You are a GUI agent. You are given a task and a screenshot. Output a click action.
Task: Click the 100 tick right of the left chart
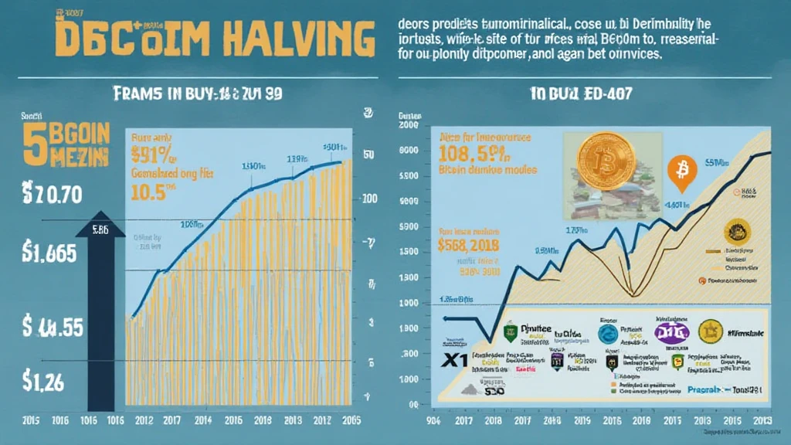368,199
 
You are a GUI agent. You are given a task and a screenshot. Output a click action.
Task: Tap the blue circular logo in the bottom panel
608,334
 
